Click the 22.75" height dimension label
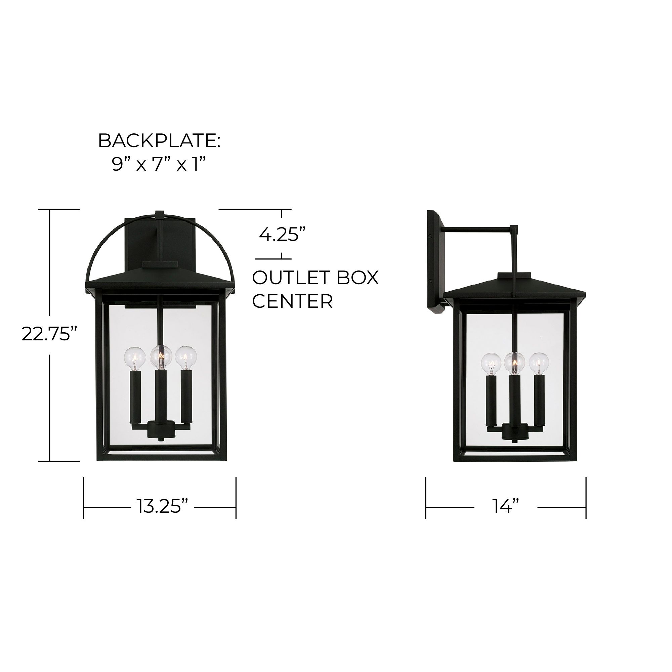(49, 334)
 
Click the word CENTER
(292, 301)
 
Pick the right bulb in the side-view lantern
(538, 364)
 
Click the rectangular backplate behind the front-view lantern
(139, 244)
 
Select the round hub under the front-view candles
(160, 428)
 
